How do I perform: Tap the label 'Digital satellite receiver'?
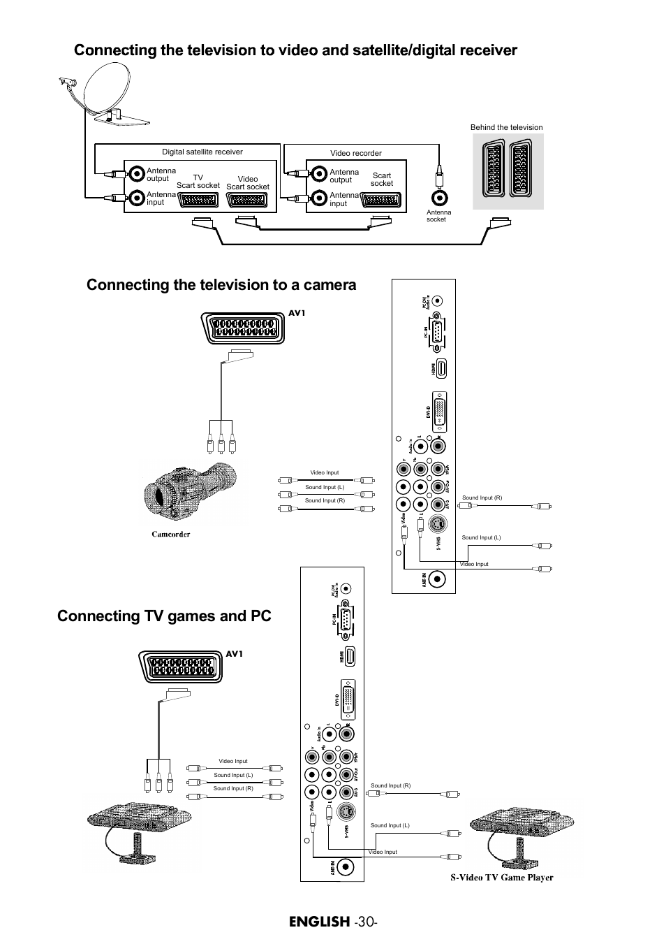(202, 152)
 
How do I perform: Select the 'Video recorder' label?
(356, 153)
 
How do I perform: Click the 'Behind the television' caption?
(506, 127)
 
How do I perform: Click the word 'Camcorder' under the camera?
(171, 535)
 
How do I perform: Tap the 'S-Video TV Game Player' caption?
(501, 878)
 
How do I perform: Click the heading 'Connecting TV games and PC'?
(164, 616)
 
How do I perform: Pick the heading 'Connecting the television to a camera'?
(221, 284)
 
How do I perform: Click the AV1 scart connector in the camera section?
(243, 327)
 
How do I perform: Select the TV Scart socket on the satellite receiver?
(199, 199)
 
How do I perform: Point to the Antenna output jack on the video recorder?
(319, 174)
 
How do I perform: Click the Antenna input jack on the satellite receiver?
(136, 198)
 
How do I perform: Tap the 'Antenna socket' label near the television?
(438, 216)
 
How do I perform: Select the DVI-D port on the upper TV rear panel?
(440, 412)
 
